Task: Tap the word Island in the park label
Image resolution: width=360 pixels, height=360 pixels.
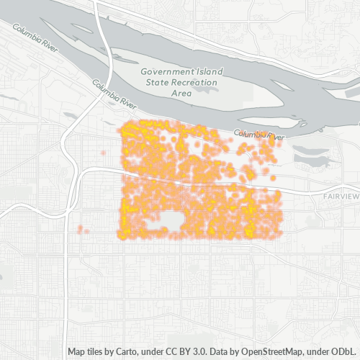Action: tap(207, 72)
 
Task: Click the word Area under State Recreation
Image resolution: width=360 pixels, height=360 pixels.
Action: tap(181, 94)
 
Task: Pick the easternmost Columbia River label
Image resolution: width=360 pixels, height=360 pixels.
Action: tap(259, 135)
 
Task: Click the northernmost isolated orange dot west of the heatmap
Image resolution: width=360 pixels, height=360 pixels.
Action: tap(104, 154)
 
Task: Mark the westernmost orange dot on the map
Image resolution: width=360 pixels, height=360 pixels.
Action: tap(79, 230)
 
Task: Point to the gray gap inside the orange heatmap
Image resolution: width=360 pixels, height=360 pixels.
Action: tap(171, 220)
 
